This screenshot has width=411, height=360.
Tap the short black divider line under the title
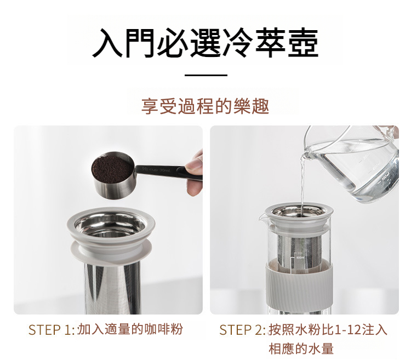(x=206, y=75)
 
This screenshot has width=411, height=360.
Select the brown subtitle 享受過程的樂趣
(x=206, y=106)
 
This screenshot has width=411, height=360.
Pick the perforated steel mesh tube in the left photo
(x=113, y=288)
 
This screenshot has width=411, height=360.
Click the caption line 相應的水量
(x=301, y=348)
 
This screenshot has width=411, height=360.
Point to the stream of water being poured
(x=302, y=184)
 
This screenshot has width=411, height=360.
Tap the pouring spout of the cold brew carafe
(x=262, y=217)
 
